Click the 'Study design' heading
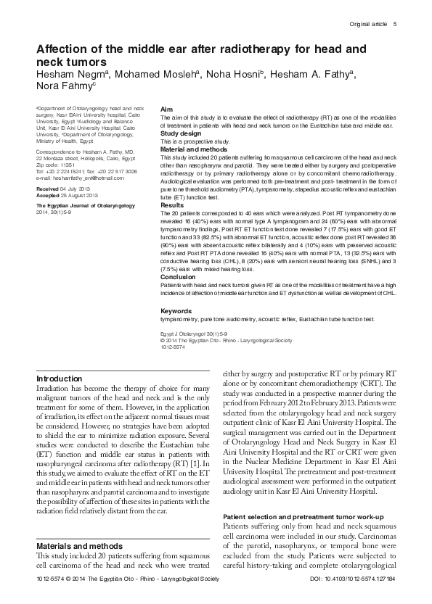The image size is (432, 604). (182, 133)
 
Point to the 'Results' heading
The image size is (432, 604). (172, 206)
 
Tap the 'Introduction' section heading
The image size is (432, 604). (60, 379)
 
